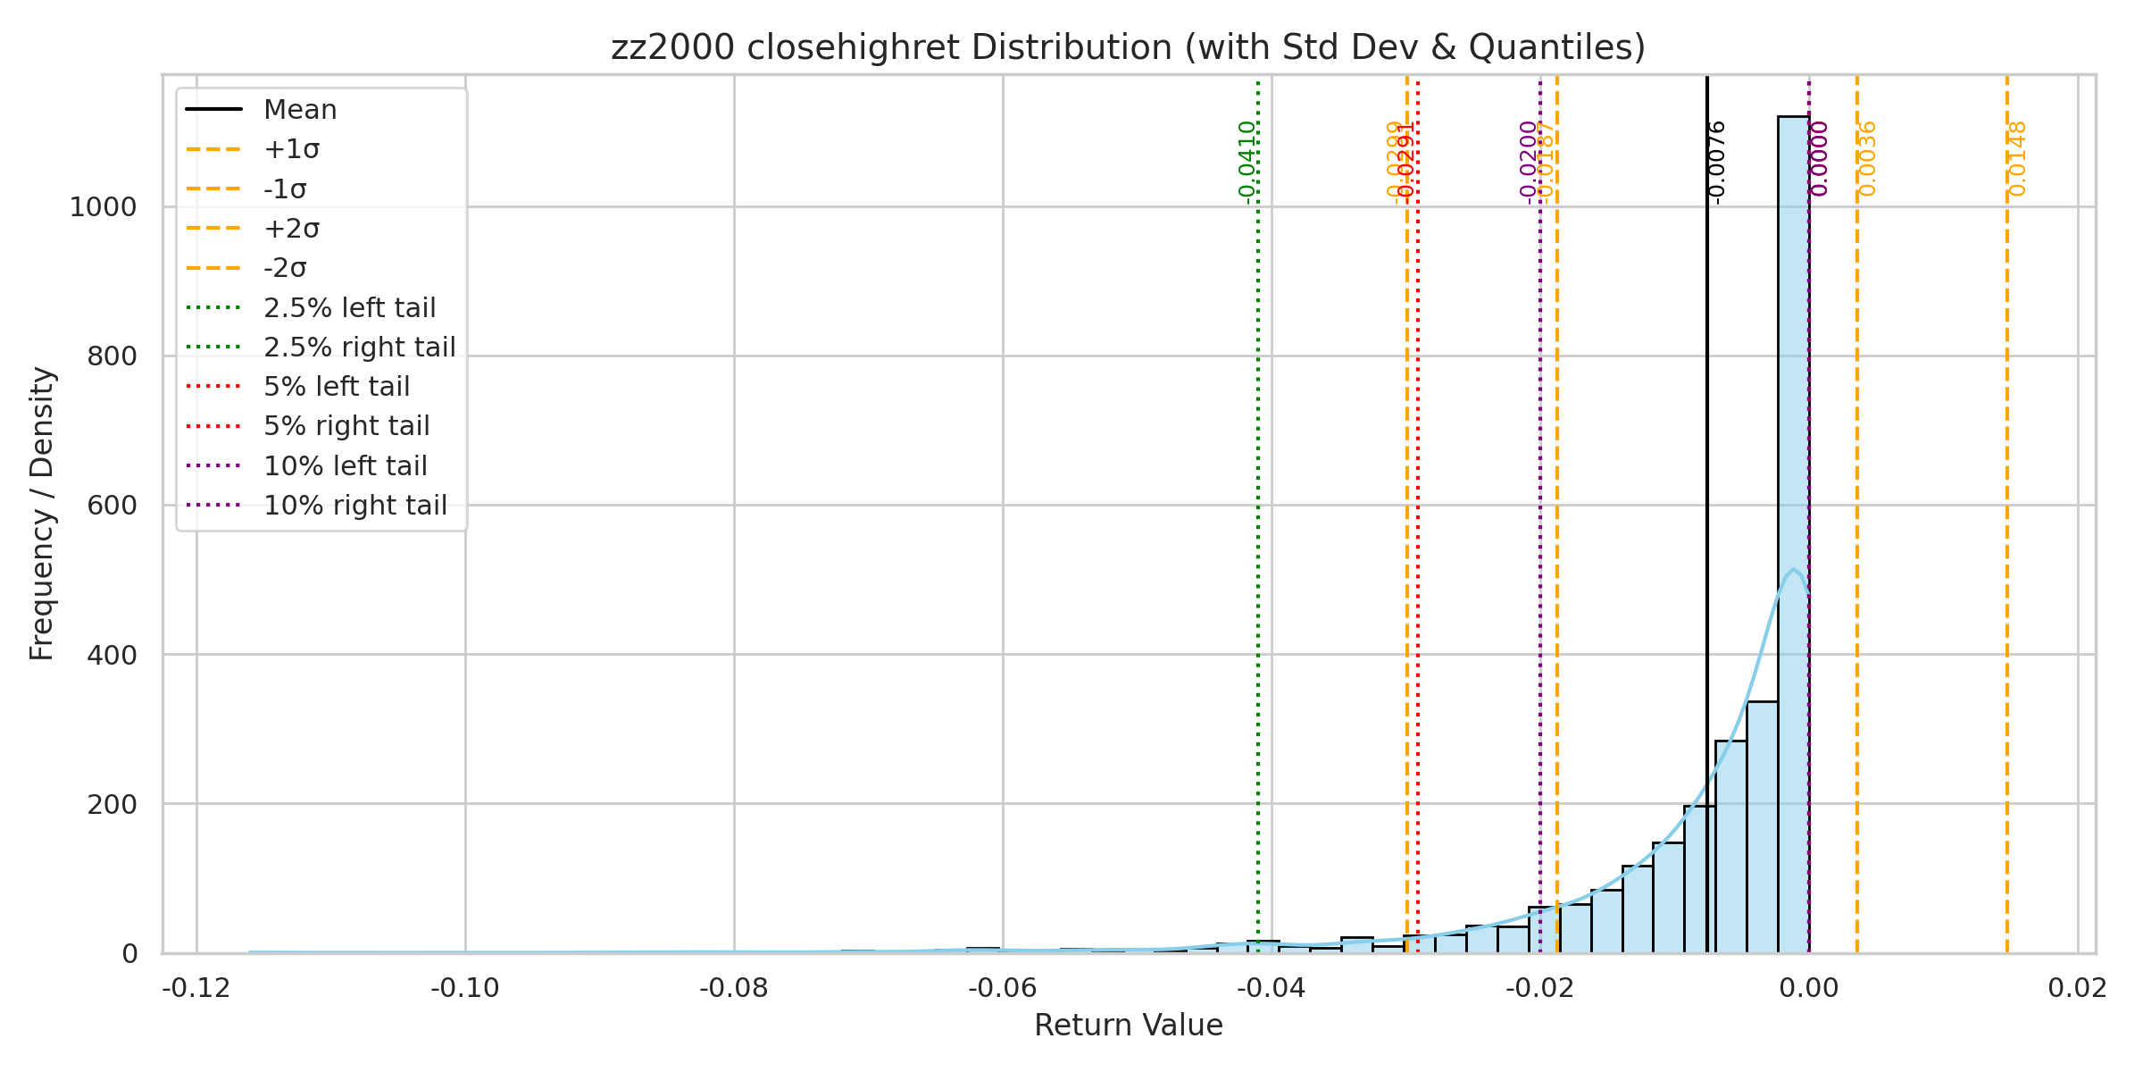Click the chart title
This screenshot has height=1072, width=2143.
[1128, 47]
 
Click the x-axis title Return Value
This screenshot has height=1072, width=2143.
[1128, 1026]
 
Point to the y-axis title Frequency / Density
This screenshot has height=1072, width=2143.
[42, 514]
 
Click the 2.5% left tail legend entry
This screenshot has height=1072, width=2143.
[349, 308]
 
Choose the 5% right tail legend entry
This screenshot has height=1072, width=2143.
[346, 426]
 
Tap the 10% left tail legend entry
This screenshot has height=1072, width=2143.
[345, 466]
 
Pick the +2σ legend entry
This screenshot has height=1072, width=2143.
[291, 229]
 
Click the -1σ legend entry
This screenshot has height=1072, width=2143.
[285, 189]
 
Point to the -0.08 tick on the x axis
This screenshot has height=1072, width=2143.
[733, 988]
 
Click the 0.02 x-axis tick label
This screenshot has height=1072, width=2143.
[2077, 988]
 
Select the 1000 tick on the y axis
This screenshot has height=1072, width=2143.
[104, 207]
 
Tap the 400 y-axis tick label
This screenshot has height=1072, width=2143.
[112, 655]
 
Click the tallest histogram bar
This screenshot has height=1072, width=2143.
[1793, 536]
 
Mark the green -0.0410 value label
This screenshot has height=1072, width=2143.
[1247, 162]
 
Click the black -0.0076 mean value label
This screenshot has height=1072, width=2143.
[1715, 162]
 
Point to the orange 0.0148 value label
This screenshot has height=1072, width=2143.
[2016, 159]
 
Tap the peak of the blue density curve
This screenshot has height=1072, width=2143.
[1793, 569]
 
